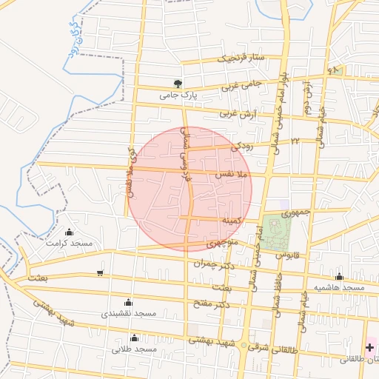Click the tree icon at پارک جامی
click(178, 84)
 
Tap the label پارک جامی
click(178, 95)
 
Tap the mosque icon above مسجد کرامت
click(70, 232)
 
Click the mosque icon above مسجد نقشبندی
click(128, 302)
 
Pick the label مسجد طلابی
click(135, 349)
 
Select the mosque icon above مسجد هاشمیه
click(339, 276)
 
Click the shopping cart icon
click(100, 273)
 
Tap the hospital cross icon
click(369, 346)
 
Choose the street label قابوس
click(286, 254)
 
